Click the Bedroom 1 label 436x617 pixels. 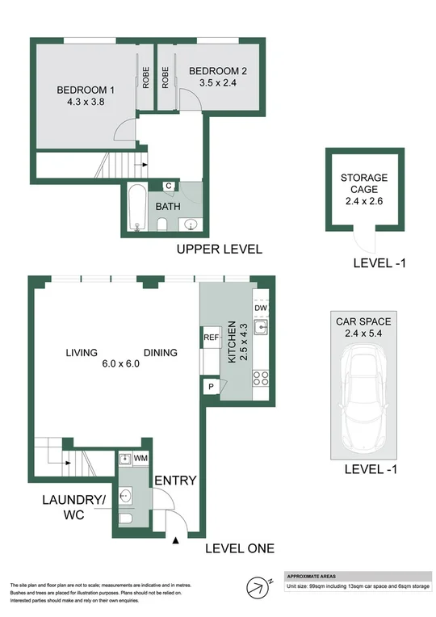pyautogui.click(x=79, y=90)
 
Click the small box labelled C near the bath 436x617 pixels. pyautogui.click(x=169, y=186)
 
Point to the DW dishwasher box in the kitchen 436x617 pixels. pyautogui.click(x=260, y=308)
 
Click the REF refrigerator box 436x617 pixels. pyautogui.click(x=212, y=338)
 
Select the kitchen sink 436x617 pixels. pyautogui.click(x=260, y=327)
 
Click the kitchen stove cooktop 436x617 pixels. pyautogui.click(x=261, y=377)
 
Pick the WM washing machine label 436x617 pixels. pyautogui.click(x=140, y=460)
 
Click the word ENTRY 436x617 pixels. pyautogui.click(x=175, y=481)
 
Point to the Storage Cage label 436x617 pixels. pyautogui.click(x=363, y=183)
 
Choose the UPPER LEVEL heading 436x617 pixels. pyautogui.click(x=219, y=250)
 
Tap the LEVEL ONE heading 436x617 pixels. pyautogui.click(x=239, y=549)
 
